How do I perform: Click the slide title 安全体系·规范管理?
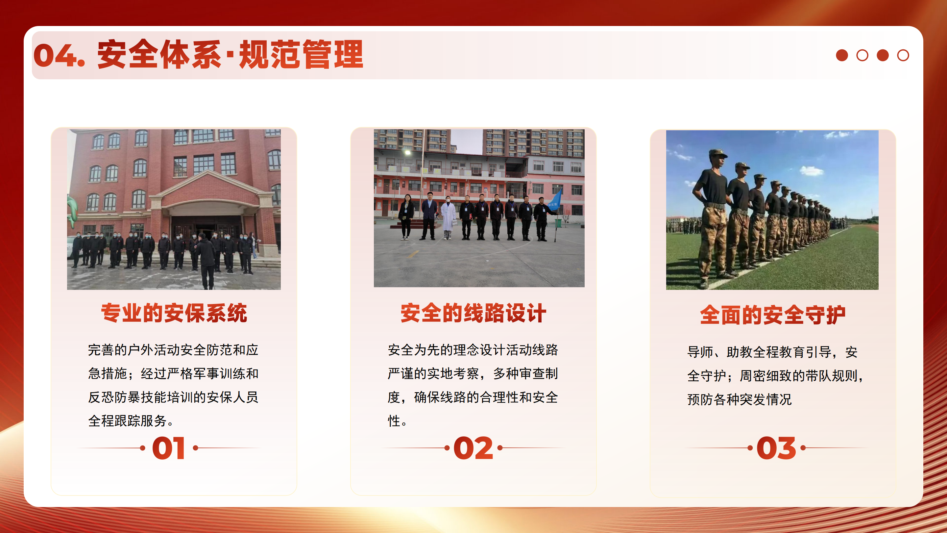tap(230, 55)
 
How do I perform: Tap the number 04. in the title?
tap(59, 55)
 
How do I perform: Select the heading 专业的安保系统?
tap(174, 314)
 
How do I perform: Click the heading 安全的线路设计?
tap(473, 314)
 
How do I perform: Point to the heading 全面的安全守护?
tap(772, 315)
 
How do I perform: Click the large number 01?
tap(168, 448)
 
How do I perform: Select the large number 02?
tap(473, 448)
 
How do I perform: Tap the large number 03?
tap(776, 448)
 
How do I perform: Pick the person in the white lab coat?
tap(448, 218)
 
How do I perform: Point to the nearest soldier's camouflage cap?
tap(717, 153)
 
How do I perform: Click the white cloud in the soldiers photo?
tap(811, 171)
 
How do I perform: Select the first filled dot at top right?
tap(842, 55)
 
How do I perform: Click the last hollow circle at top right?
tap(903, 55)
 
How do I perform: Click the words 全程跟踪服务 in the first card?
tap(127, 421)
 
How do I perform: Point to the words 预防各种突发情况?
tap(739, 399)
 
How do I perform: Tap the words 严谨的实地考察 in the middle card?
tap(433, 374)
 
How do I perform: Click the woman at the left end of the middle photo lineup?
tap(406, 217)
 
